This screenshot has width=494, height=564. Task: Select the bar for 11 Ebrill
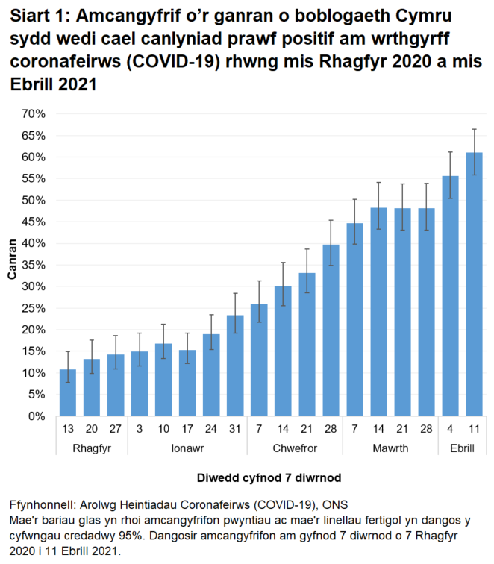click(x=474, y=284)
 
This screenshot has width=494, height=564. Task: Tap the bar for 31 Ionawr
click(x=235, y=366)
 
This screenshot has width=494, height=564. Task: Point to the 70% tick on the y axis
click(x=34, y=114)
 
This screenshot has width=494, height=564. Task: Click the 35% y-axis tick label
click(x=34, y=265)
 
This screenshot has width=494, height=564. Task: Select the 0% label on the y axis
click(x=37, y=416)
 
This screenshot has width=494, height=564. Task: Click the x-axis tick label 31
click(x=235, y=427)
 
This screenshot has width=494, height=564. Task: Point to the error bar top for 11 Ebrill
click(x=474, y=129)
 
